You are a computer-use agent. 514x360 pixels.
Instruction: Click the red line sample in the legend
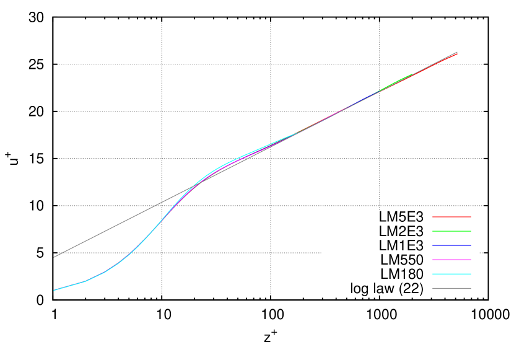(x=451, y=217)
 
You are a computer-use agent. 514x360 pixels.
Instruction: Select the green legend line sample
(x=451, y=231)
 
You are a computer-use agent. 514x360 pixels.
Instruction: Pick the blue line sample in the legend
(x=451, y=245)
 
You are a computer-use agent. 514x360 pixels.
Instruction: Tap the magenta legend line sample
(x=451, y=260)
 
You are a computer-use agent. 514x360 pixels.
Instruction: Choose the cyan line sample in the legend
(x=451, y=274)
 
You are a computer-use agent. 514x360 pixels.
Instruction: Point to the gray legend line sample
(x=451, y=288)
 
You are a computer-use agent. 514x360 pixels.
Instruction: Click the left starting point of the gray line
(x=54, y=257)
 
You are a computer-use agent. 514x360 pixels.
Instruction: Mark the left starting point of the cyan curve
(x=54, y=290)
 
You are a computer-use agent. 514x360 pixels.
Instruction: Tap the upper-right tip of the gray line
(x=457, y=52)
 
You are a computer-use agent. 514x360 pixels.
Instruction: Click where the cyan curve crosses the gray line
(x=193, y=187)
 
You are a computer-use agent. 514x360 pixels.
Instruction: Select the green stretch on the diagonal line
(x=396, y=82)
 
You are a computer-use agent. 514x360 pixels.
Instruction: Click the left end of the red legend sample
(x=433, y=217)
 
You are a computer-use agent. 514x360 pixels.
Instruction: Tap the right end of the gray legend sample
(x=471, y=288)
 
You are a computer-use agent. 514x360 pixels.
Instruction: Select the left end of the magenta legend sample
(x=433, y=260)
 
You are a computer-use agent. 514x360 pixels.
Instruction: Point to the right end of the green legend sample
(x=471, y=231)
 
